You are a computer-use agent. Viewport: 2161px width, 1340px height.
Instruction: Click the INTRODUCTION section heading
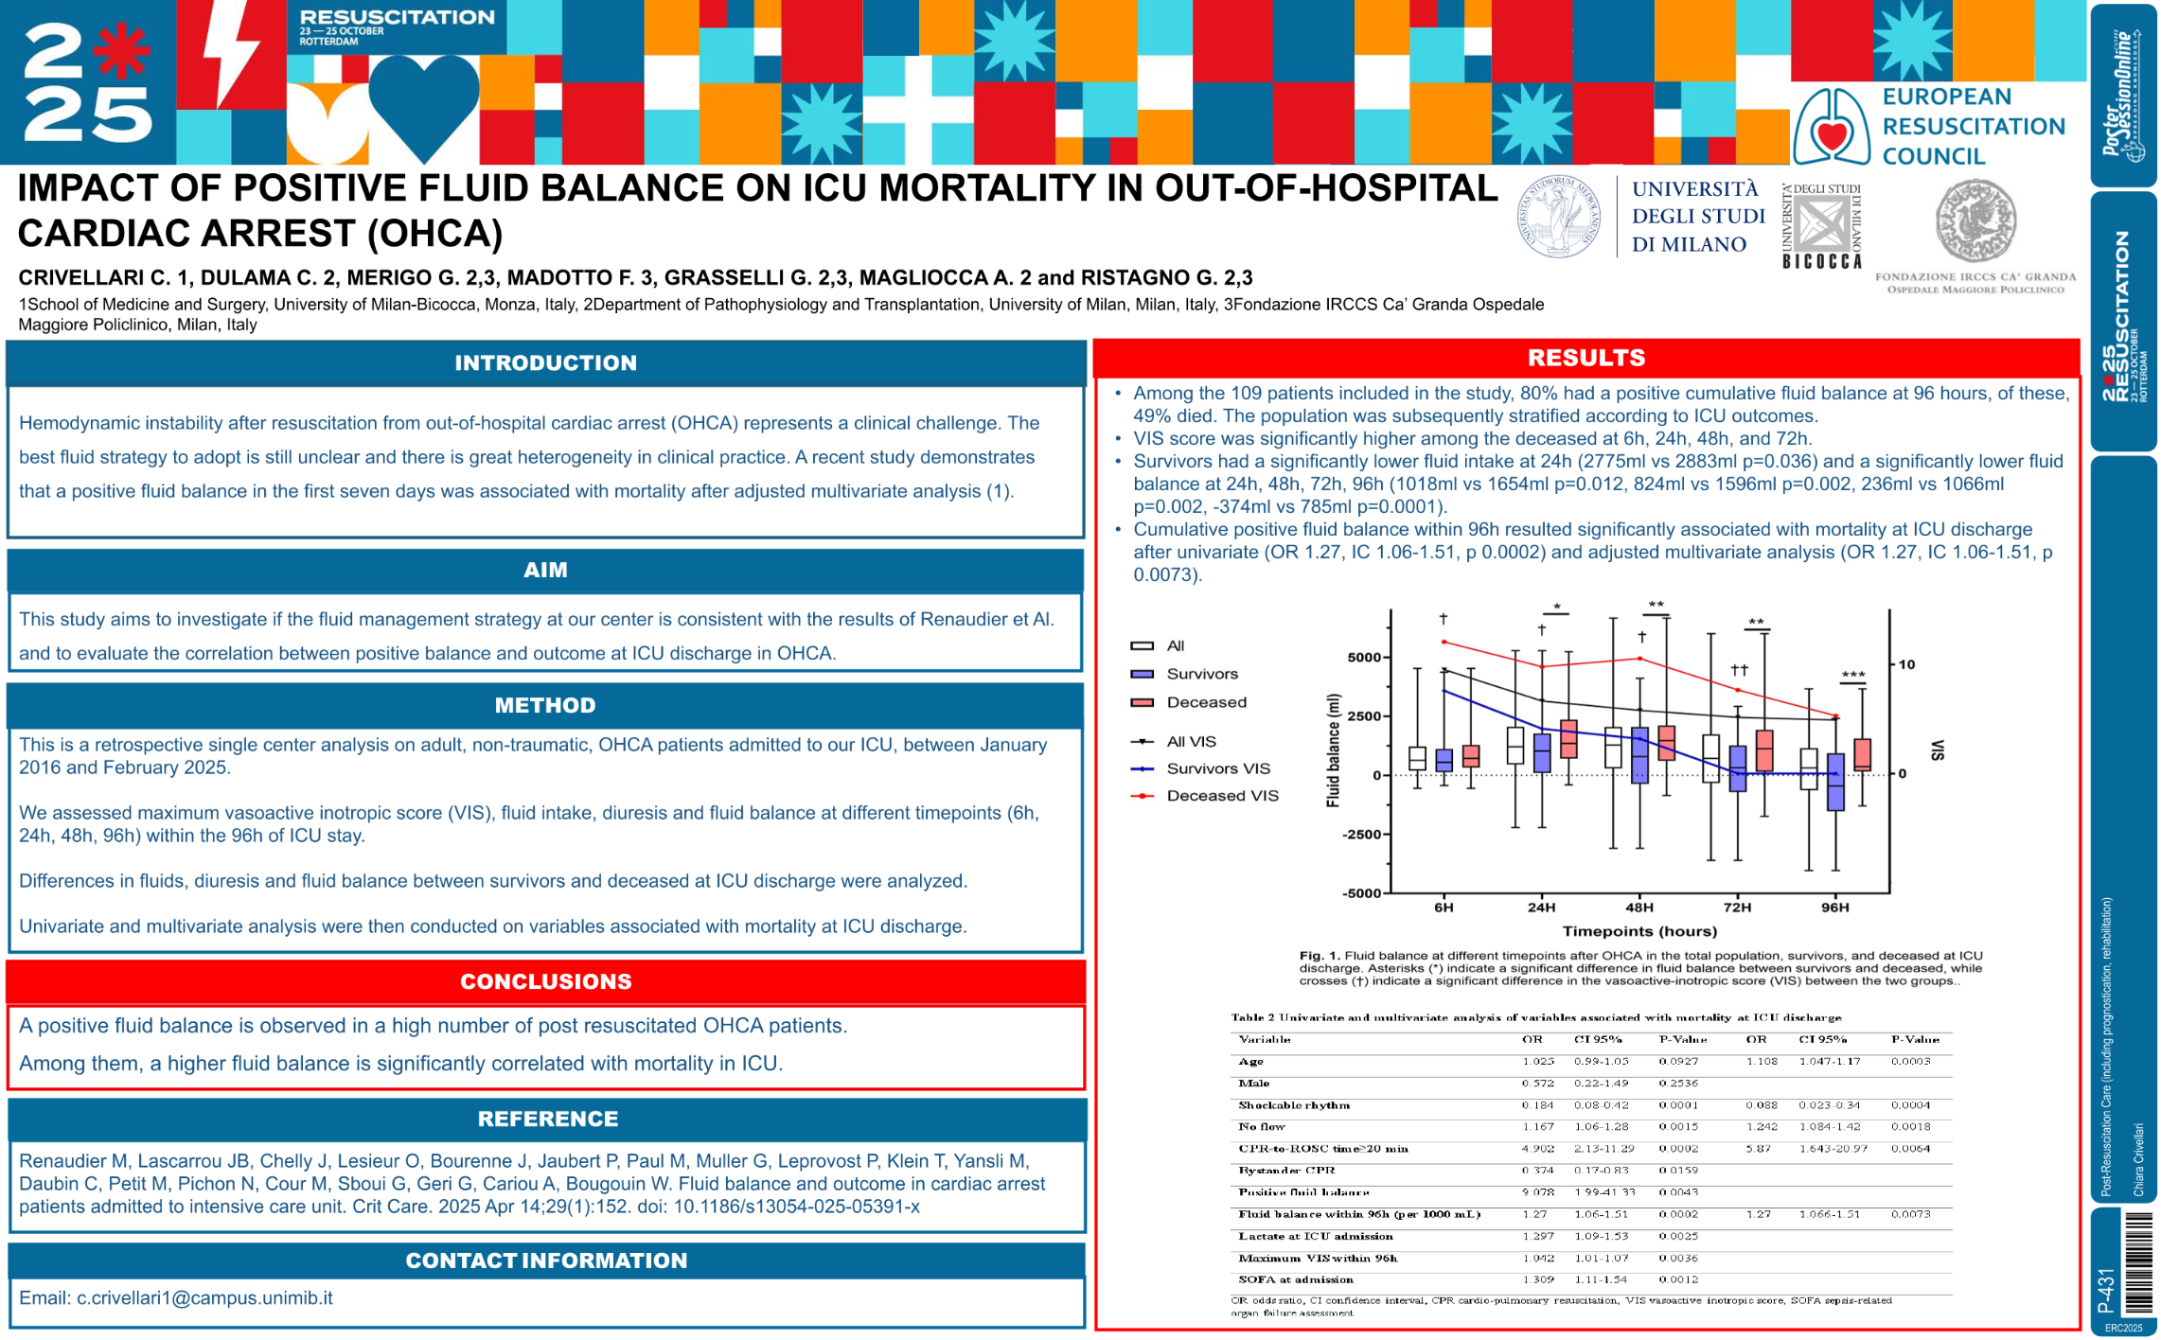pyautogui.click(x=545, y=363)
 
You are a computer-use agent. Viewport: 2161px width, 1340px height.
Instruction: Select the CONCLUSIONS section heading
pyautogui.click(x=545, y=981)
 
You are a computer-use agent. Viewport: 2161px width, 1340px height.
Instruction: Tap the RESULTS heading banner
pyautogui.click(x=1585, y=358)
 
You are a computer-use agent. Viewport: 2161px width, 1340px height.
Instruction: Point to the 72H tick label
pyautogui.click(x=1737, y=907)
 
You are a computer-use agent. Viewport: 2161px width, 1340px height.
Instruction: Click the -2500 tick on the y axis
pyautogui.click(x=1362, y=835)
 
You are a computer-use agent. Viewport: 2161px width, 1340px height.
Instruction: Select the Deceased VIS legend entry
pyautogui.click(x=1221, y=796)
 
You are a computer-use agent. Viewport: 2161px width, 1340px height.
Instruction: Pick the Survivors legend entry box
pyautogui.click(x=1142, y=674)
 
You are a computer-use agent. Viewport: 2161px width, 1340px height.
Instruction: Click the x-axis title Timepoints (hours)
pyautogui.click(x=1638, y=931)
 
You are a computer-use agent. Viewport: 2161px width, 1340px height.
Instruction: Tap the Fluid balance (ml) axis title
pyautogui.click(x=1334, y=750)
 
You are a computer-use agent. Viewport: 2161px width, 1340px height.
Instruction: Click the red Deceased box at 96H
pyautogui.click(x=1861, y=754)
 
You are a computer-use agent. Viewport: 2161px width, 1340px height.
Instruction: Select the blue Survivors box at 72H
pyautogui.click(x=1738, y=767)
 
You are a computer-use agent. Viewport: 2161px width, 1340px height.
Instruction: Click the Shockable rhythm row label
pyautogui.click(x=1294, y=1105)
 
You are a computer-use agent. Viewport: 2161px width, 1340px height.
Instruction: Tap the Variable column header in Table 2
pyautogui.click(x=1265, y=1040)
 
